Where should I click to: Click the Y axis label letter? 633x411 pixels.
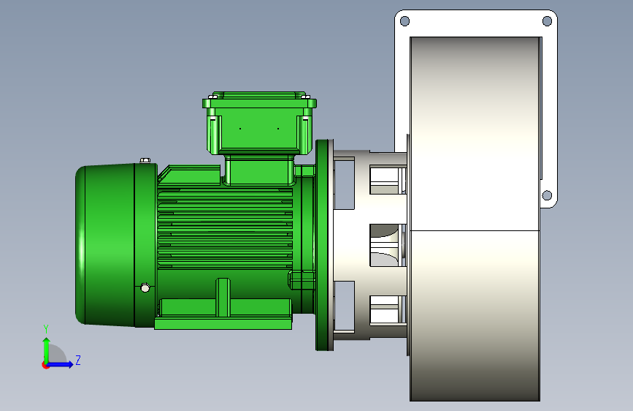coord(46,329)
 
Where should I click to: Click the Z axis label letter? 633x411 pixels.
coord(78,360)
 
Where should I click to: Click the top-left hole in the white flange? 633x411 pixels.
coord(404,21)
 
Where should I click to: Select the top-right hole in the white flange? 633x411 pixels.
coord(547,21)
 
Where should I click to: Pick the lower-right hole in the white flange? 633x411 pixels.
coord(547,196)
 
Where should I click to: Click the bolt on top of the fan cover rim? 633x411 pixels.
coord(145,160)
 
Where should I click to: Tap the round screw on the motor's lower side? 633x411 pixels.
coord(145,287)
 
